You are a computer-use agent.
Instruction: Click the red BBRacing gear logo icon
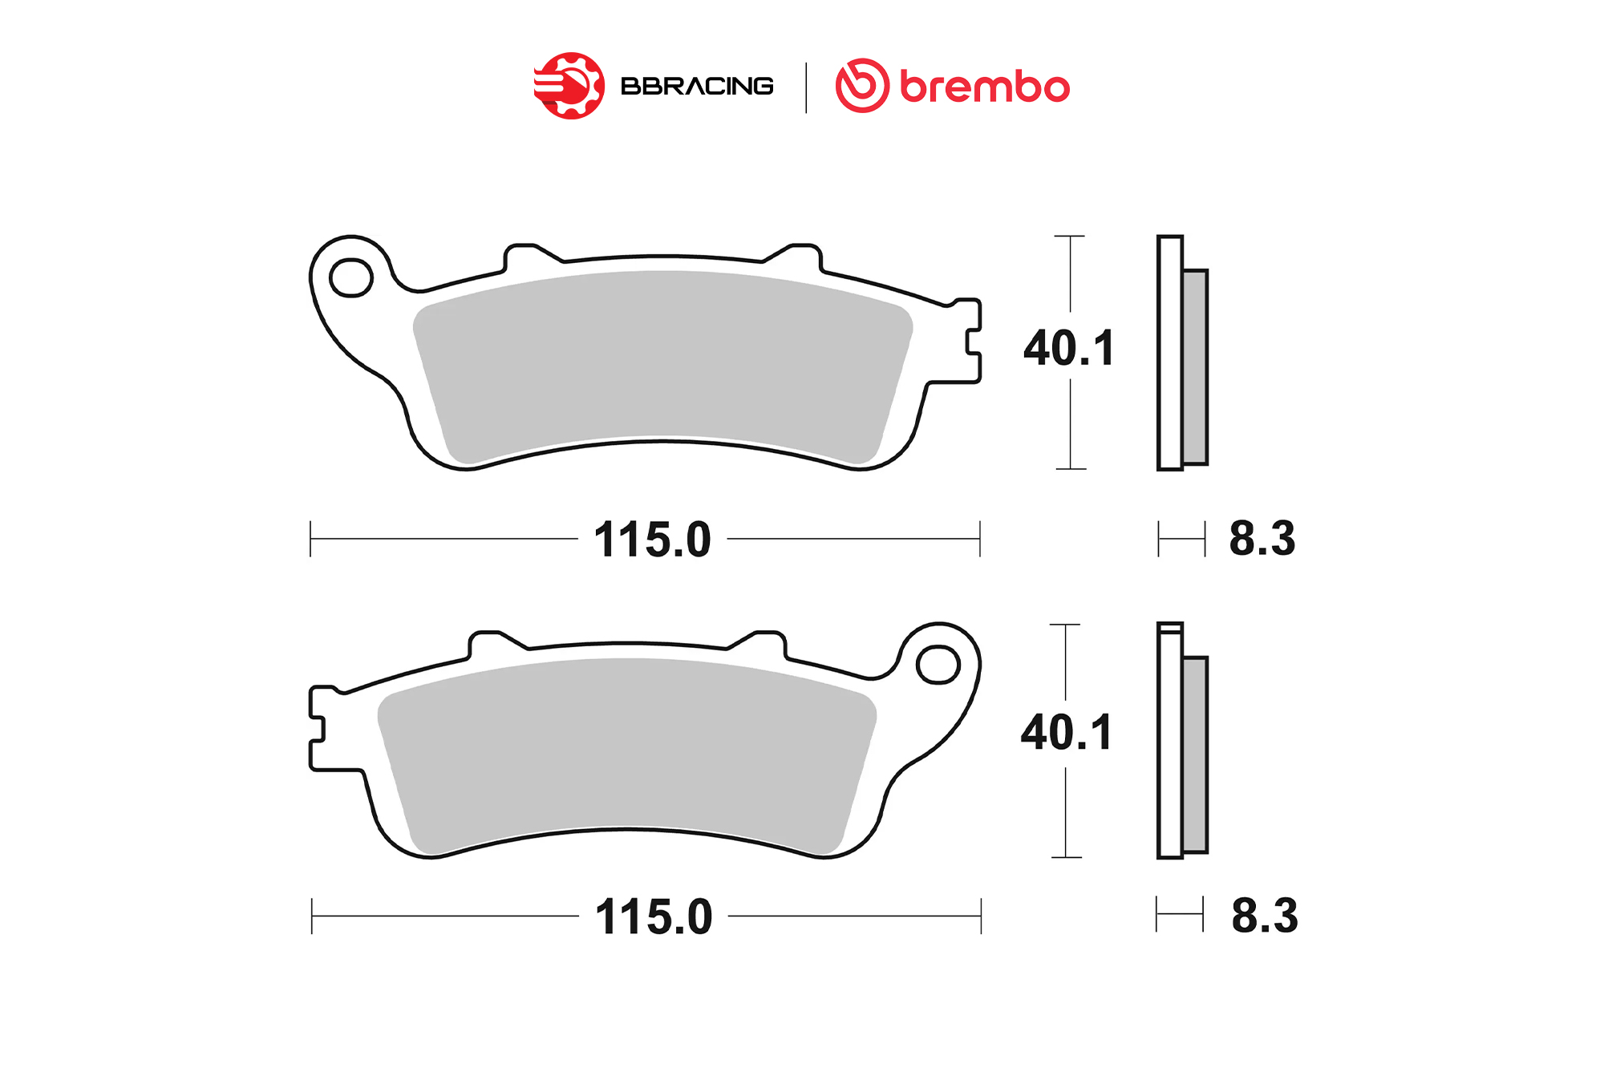coord(569,86)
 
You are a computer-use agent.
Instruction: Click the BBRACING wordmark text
coord(697,86)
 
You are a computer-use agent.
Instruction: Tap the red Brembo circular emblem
coord(862,85)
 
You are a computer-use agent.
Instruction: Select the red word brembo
coord(985,86)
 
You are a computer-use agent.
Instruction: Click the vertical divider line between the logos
coord(806,87)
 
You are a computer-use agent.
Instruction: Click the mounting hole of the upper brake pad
coord(351,278)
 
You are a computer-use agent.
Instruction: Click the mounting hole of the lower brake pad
coord(938,665)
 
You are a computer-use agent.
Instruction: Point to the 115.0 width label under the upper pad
coord(652,539)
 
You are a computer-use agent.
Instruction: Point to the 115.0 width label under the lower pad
coord(654,916)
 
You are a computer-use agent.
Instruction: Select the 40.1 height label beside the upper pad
coord(1069,348)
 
